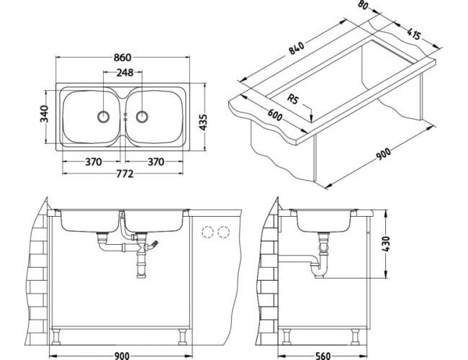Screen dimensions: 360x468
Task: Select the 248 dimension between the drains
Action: tap(123, 73)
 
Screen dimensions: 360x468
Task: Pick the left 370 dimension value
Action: tap(92, 163)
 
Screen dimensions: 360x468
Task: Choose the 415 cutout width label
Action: tap(413, 33)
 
